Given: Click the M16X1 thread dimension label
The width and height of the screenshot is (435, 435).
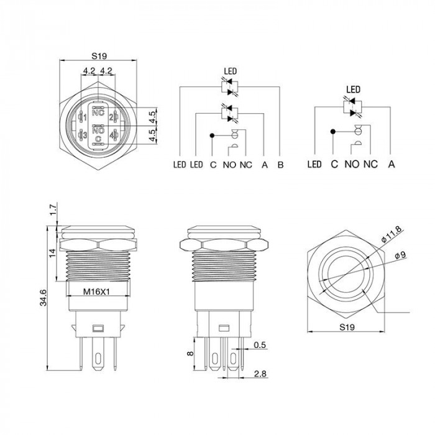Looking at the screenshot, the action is [x=96, y=291].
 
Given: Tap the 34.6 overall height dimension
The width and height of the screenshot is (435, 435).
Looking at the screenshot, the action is [x=43, y=298].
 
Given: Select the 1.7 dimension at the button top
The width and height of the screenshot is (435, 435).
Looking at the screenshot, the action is [x=54, y=209].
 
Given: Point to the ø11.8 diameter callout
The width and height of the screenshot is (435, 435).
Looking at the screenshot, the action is [x=391, y=235].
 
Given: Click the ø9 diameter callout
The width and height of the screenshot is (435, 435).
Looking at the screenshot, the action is [x=400, y=255].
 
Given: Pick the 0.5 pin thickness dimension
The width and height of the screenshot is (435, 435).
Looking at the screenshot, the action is [x=260, y=345].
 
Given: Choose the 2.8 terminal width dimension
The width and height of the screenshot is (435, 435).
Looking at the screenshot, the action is [x=260, y=373].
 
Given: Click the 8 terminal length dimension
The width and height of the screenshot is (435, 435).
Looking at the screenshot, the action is [x=190, y=354].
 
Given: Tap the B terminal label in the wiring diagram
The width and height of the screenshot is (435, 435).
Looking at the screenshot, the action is [x=280, y=165].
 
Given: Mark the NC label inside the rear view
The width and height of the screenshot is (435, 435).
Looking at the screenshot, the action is [x=98, y=112].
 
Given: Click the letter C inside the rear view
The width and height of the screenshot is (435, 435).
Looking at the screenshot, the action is [x=98, y=139].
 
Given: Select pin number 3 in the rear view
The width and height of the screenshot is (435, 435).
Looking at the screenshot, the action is [x=85, y=135].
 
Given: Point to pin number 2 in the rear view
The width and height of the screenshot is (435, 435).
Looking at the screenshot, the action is [x=111, y=117].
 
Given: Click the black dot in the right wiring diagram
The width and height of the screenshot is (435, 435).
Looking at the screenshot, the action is [x=333, y=132].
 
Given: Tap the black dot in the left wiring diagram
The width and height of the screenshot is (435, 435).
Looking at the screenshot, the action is [x=212, y=135].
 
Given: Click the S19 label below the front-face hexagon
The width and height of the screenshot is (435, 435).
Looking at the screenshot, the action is [x=347, y=327].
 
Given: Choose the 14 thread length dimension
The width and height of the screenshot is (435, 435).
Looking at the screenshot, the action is [x=52, y=253].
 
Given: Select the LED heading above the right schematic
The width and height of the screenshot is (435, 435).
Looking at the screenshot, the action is [x=353, y=89].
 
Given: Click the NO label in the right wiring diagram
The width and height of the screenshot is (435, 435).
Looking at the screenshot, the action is [x=352, y=164].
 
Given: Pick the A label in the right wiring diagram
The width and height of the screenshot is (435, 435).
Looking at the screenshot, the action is [x=391, y=164].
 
